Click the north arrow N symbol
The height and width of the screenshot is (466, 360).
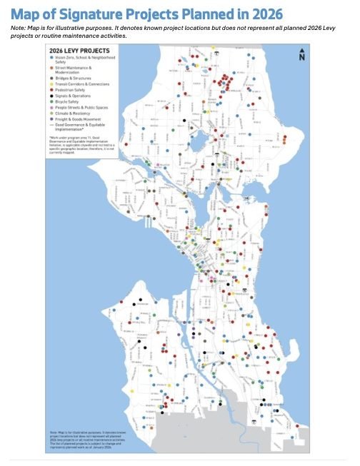pyautogui.click(x=303, y=55)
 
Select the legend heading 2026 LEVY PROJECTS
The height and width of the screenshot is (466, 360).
pyautogui.click(x=74, y=50)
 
